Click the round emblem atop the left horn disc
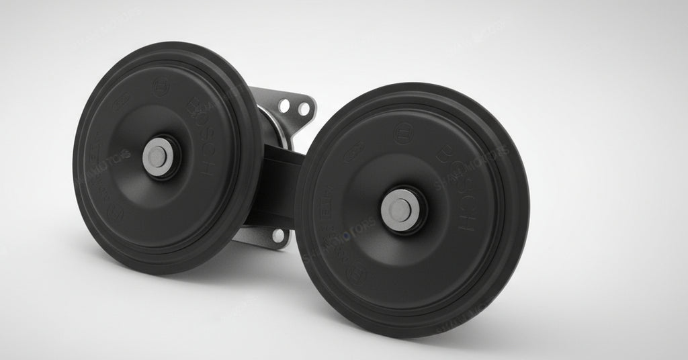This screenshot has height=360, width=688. tap(162, 87)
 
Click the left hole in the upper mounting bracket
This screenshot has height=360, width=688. tap(284, 105)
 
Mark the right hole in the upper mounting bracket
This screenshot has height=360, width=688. tap(304, 107)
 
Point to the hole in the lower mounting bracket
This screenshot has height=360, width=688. tap(277, 234)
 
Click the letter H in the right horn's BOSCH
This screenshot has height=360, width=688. tap(465, 222)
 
